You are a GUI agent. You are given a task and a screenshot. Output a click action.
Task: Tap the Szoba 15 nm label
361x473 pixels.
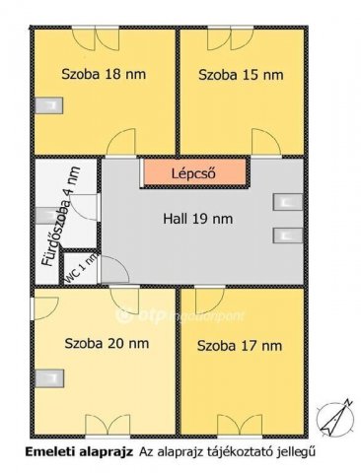[x=240, y=74]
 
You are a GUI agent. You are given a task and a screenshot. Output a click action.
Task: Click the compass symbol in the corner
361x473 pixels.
[x=339, y=415]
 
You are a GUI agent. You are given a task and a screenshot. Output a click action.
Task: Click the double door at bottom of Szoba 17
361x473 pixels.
[x=242, y=425]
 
